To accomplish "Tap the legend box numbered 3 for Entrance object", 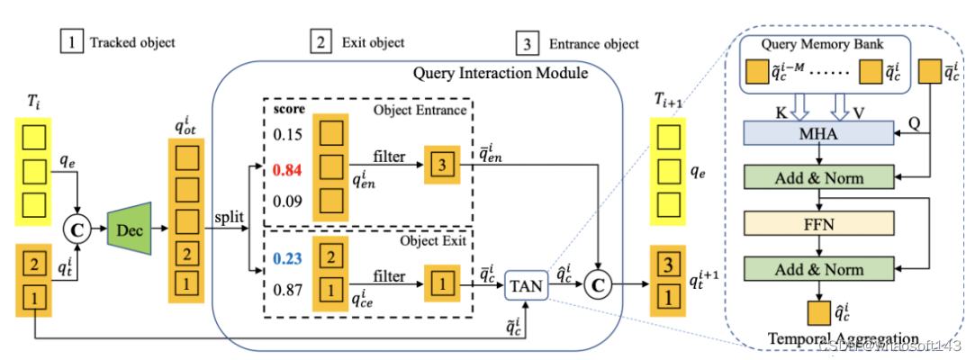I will pos(526,42).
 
